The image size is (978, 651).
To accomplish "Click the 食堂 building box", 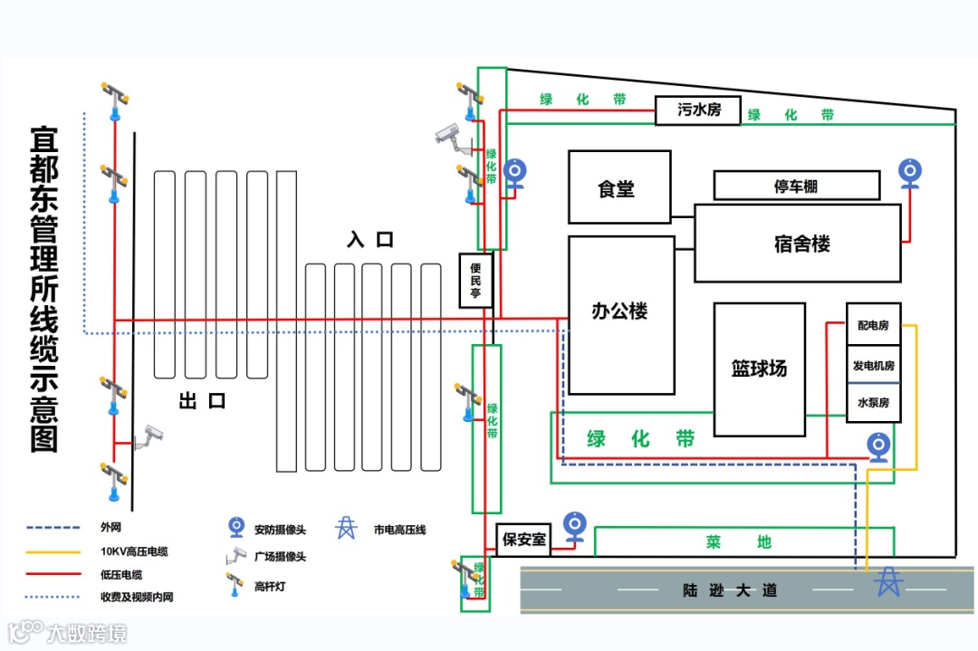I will coord(619,187).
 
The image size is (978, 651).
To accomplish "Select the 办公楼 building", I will coord(621,313).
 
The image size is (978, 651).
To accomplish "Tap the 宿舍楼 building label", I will coord(801,244).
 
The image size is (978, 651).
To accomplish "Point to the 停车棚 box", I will coord(796,186).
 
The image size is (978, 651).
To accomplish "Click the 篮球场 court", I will coord(759,369).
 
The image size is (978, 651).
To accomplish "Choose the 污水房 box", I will coord(698,110).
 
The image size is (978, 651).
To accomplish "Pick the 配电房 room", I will coord(873,325).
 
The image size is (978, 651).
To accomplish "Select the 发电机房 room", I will coord(873,366).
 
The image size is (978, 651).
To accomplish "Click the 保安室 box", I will coord(524,540).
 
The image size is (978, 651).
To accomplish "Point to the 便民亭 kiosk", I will coord(475,281).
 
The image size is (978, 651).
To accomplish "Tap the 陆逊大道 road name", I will coord(730,591).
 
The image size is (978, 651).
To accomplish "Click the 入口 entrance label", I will coord(370,240).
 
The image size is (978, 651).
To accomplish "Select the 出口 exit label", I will coord(201,400).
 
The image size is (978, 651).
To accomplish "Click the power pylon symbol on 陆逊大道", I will coord(888,581).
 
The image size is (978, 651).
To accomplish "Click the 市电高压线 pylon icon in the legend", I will coord(346,528).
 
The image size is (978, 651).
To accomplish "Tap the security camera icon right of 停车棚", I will coord(910,173).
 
